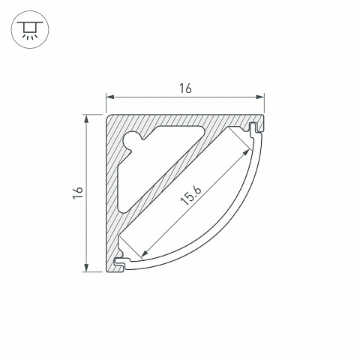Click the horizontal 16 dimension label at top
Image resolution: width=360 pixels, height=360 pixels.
pyautogui.click(x=185, y=88)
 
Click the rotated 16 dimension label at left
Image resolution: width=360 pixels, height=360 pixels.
pyautogui.click(x=78, y=193)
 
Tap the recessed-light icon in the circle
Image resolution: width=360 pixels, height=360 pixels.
pyautogui.click(x=30, y=29)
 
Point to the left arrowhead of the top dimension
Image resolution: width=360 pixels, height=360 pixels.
pyautogui.click(x=109, y=97)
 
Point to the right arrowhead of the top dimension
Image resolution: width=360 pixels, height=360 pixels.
pyautogui.click(x=260, y=97)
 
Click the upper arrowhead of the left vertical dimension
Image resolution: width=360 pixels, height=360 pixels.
pyautogui.click(x=86, y=118)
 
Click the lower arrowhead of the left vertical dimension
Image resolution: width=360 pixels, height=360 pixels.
pyautogui.click(x=86, y=268)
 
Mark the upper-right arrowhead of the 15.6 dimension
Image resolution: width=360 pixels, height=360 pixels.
pyautogui.click(x=246, y=152)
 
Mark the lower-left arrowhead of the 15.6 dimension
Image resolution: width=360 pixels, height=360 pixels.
pyautogui.click(x=144, y=254)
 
